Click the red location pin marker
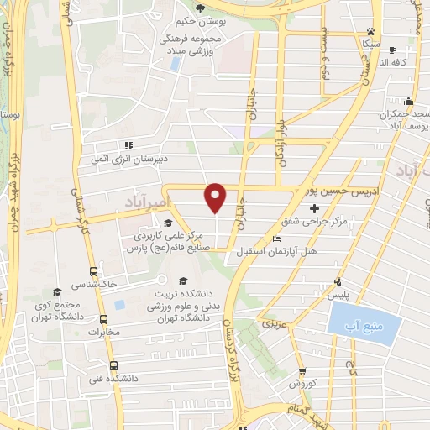[216, 197]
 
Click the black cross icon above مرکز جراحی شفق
[314, 207]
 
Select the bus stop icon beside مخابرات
[103, 319]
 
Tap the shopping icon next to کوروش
[302, 371]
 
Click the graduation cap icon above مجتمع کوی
[57, 291]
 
